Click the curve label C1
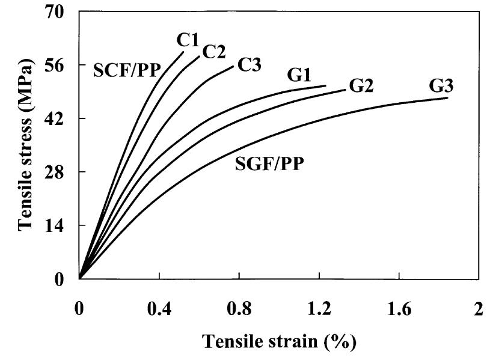[188, 40]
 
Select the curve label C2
[213, 52]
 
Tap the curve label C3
[249, 64]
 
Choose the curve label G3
[441, 85]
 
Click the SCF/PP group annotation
[127, 71]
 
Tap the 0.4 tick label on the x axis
[159, 308]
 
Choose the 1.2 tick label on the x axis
[319, 308]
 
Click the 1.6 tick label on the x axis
[399, 308]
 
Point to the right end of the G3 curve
[447, 98]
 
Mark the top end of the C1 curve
[183, 52]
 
